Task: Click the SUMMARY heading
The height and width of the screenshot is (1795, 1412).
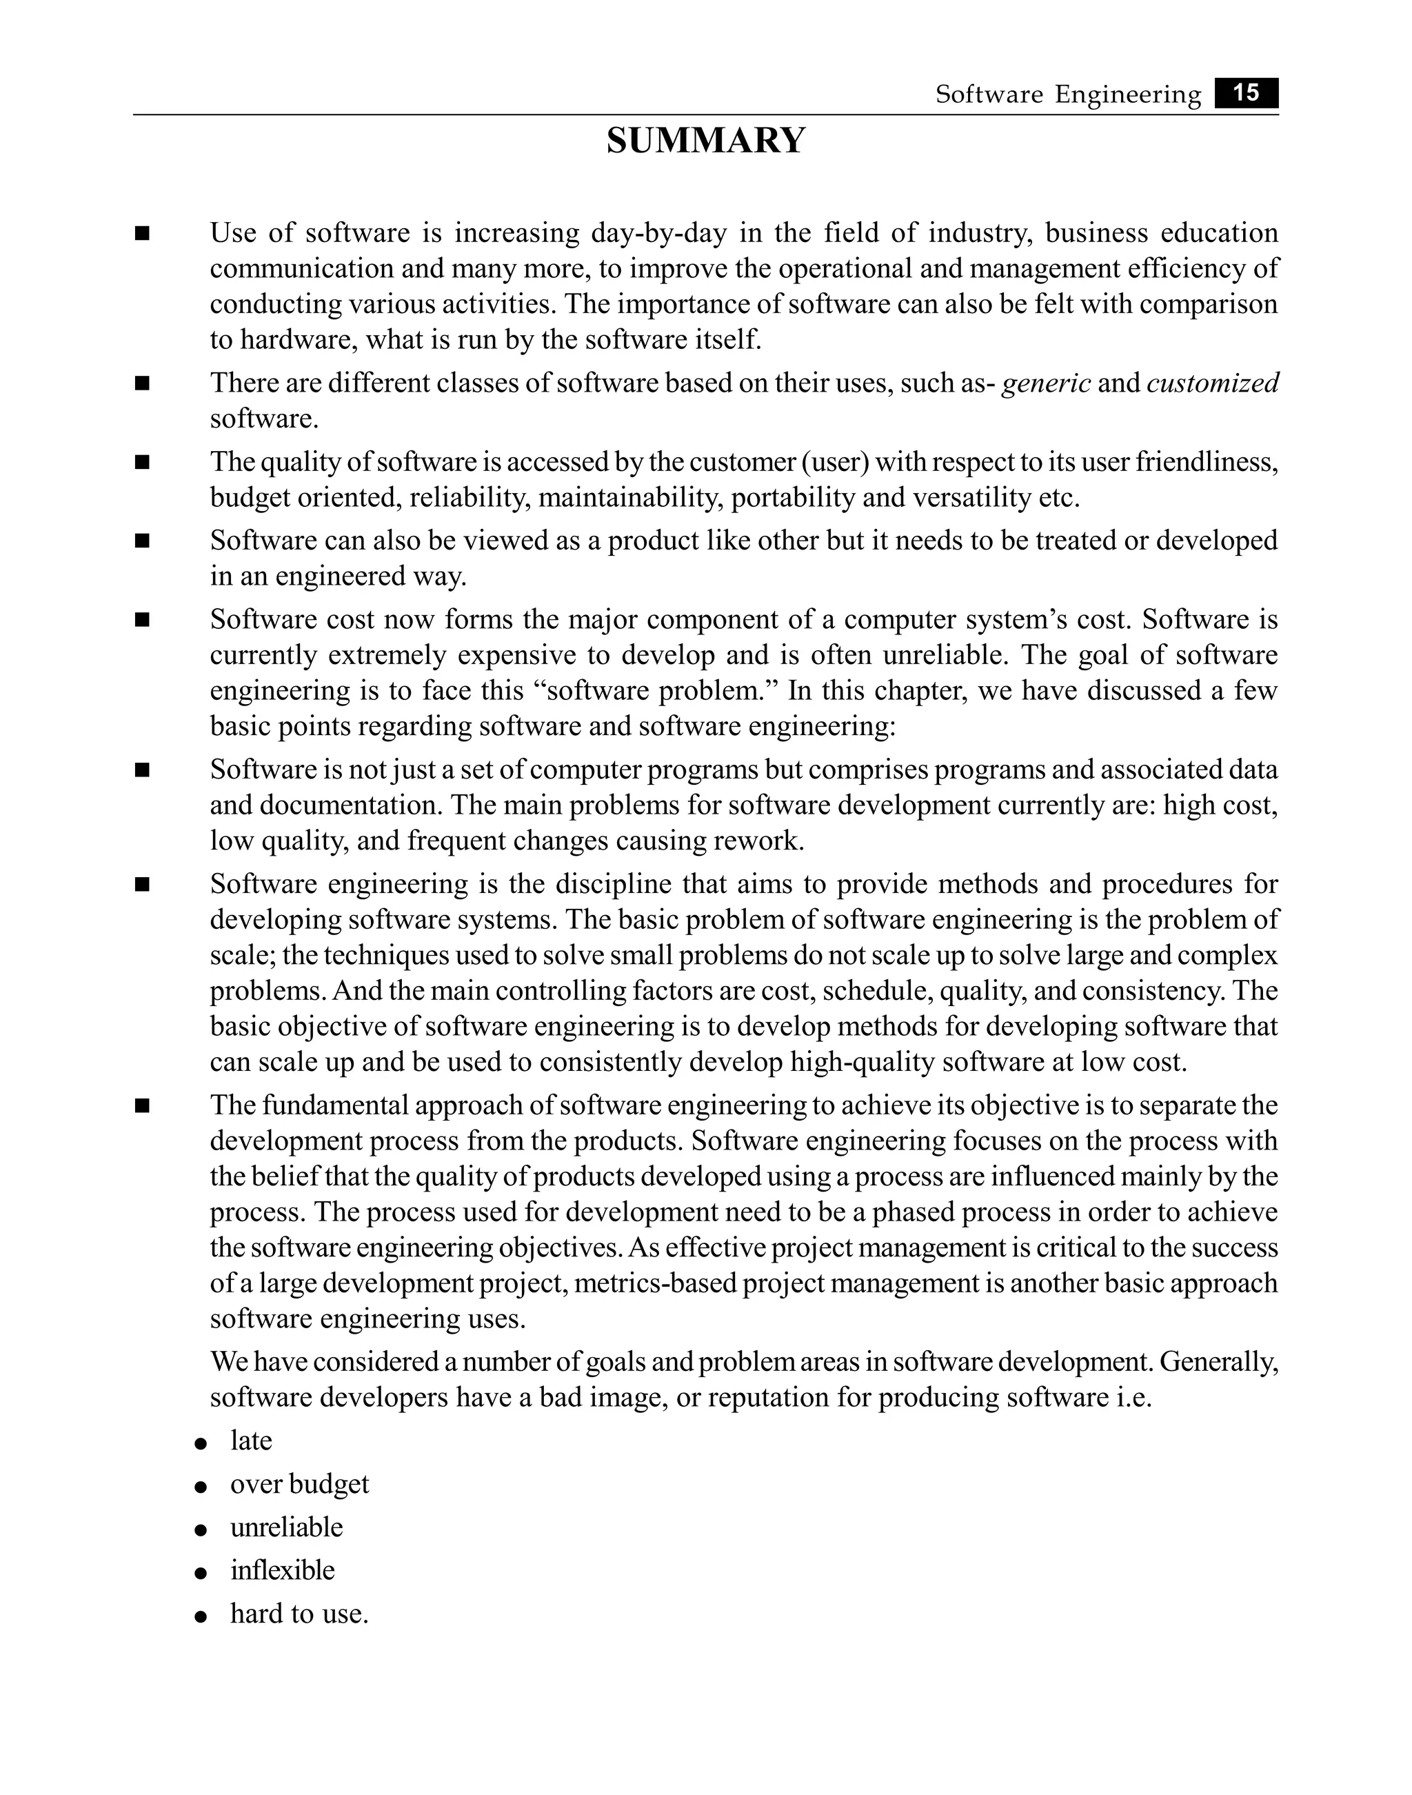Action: pyautogui.click(x=705, y=141)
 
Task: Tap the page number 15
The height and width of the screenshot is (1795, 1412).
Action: pyautogui.click(x=1246, y=93)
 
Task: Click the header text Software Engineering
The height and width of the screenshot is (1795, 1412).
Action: pyautogui.click(x=1067, y=95)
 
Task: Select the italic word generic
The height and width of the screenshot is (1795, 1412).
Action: pyautogui.click(x=1046, y=383)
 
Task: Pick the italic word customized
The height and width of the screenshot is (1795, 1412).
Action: pyautogui.click(x=1212, y=383)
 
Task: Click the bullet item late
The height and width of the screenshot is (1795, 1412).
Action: pyautogui.click(x=252, y=1441)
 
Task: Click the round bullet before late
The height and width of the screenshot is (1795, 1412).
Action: pyautogui.click(x=200, y=1443)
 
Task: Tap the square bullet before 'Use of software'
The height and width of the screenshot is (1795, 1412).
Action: pyautogui.click(x=142, y=234)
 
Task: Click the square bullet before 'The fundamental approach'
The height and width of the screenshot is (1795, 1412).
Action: pyautogui.click(x=142, y=1106)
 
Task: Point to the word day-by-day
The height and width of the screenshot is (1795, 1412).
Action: pyautogui.click(x=659, y=233)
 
